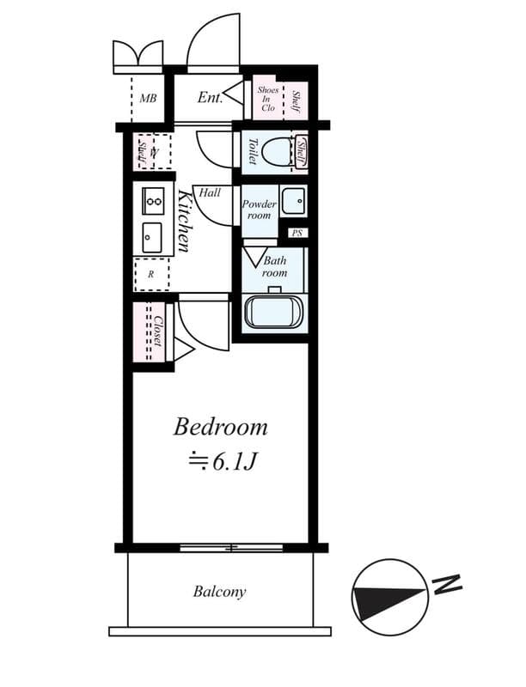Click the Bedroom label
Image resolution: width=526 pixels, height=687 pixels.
pos(220,426)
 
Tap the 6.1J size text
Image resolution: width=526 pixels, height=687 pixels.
pos(223,462)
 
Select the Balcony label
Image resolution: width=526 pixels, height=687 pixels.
pos(219,592)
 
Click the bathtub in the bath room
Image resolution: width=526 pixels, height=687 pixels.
pos(273,312)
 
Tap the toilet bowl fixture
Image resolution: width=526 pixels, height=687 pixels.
pos(278,153)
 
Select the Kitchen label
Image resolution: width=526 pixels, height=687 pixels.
pos(184,221)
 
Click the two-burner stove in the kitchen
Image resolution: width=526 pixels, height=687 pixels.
pos(153,203)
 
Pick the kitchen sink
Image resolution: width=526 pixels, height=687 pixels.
pos(152,235)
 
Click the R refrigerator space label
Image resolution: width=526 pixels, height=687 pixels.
pos(151,275)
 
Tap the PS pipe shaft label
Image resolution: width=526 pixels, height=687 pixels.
pos(297,233)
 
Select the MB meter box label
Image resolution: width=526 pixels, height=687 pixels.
pos(148,98)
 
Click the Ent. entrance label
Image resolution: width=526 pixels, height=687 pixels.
pos(210,97)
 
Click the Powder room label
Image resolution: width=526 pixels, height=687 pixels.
pos(258,210)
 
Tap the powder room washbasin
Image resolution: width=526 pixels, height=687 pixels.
pos(292,200)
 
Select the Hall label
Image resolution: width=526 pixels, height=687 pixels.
pos(209,193)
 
